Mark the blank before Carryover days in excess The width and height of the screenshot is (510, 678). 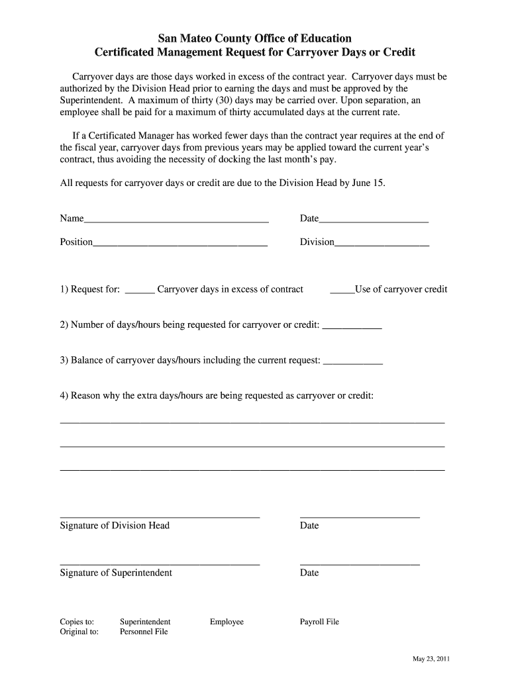tap(140, 290)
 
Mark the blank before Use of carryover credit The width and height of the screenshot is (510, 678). tap(342, 290)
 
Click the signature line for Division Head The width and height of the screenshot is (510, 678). tap(160, 515)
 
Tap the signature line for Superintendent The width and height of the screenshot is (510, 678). tap(160, 563)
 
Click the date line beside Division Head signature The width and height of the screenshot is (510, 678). tap(360, 515)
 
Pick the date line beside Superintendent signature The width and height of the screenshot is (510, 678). tap(360, 563)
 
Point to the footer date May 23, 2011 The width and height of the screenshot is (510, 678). tap(432, 659)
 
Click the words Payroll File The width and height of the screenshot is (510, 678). tap(319, 622)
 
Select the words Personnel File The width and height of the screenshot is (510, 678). tap(144, 632)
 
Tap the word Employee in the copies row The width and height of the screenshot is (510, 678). tap(227, 622)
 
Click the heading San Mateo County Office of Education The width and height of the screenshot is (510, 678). tap(255, 38)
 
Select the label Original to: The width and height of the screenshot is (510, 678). tap(79, 632)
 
